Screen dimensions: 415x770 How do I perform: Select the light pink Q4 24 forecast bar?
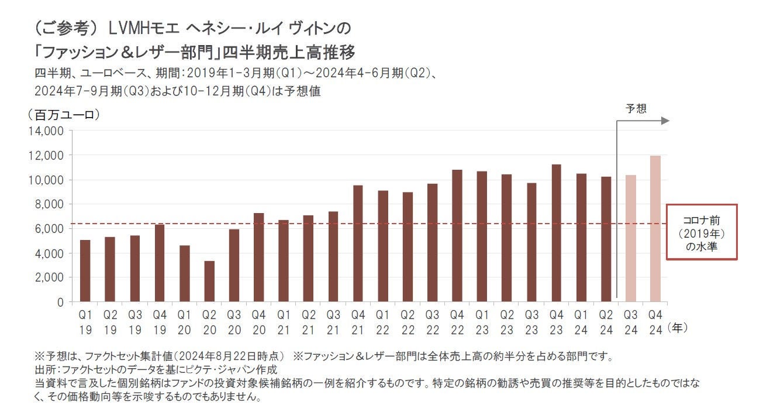click(x=655, y=229)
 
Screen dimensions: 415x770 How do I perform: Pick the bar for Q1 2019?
click(x=85, y=270)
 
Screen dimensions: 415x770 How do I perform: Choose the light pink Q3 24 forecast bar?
click(x=630, y=238)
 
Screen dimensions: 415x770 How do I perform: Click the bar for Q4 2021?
click(x=358, y=243)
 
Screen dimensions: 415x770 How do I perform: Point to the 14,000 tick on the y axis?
click(x=49, y=131)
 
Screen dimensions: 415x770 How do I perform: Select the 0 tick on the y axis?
click(x=60, y=302)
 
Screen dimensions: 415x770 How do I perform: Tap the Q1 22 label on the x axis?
click(x=383, y=322)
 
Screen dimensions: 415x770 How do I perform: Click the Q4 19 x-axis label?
click(x=160, y=322)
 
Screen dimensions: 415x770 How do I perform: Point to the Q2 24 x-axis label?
click(x=606, y=322)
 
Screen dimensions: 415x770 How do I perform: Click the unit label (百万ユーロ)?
click(x=64, y=115)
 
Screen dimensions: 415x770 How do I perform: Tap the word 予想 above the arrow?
click(x=636, y=108)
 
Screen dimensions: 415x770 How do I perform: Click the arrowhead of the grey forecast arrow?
click(x=665, y=121)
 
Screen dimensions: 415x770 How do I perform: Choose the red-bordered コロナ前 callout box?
click(x=702, y=232)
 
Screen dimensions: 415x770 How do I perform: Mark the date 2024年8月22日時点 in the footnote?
click(x=231, y=356)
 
